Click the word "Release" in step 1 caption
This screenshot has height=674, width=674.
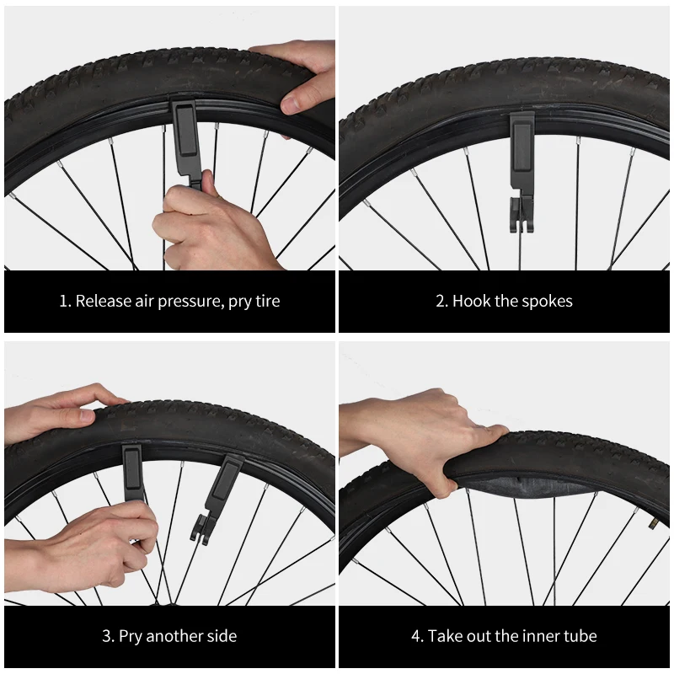tap(103, 302)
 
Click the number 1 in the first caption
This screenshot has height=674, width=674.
tap(63, 302)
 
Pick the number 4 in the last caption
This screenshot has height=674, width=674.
tap(415, 636)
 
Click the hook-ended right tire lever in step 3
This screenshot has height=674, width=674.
tap(221, 497)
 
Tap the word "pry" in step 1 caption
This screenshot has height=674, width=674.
tap(242, 302)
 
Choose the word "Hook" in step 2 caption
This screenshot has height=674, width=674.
tap(470, 302)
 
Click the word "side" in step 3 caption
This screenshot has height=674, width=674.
tap(221, 636)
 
